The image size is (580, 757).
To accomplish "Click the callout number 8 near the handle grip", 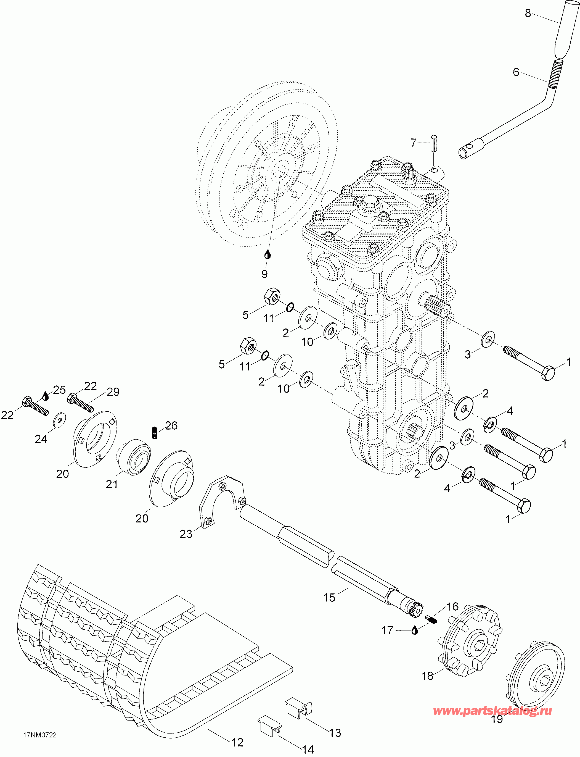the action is (528, 14).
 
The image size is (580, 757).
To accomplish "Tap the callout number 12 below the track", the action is (237, 742).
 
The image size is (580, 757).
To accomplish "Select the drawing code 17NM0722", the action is (40, 735).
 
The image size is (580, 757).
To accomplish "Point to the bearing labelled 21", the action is (133, 457).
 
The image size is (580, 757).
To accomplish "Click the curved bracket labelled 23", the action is (223, 504).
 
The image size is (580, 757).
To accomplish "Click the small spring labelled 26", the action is (155, 433).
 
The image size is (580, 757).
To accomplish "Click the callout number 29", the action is (113, 391).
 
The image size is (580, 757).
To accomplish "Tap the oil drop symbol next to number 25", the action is (46, 396).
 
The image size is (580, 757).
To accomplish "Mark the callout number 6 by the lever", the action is (516, 72).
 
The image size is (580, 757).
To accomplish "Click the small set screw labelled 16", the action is (431, 620).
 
